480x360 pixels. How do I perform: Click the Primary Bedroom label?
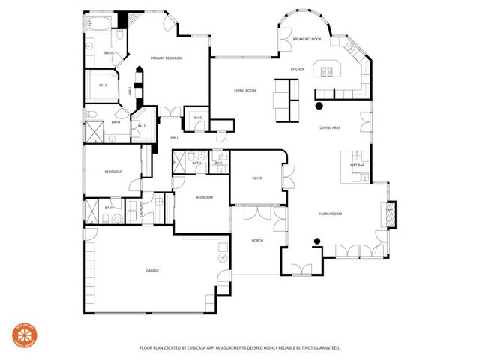(166, 58)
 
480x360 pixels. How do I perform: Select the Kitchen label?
(298, 70)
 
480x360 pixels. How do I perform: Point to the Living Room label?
(245, 90)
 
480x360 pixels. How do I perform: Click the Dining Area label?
(331, 128)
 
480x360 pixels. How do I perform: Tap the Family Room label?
(331, 214)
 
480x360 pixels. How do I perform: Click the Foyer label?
(257, 178)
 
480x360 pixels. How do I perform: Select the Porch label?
(257, 240)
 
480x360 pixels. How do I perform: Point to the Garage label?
(152, 270)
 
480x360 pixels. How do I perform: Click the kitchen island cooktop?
(327, 72)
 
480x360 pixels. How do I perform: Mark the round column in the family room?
(318, 241)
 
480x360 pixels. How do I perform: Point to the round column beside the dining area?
(318, 106)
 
